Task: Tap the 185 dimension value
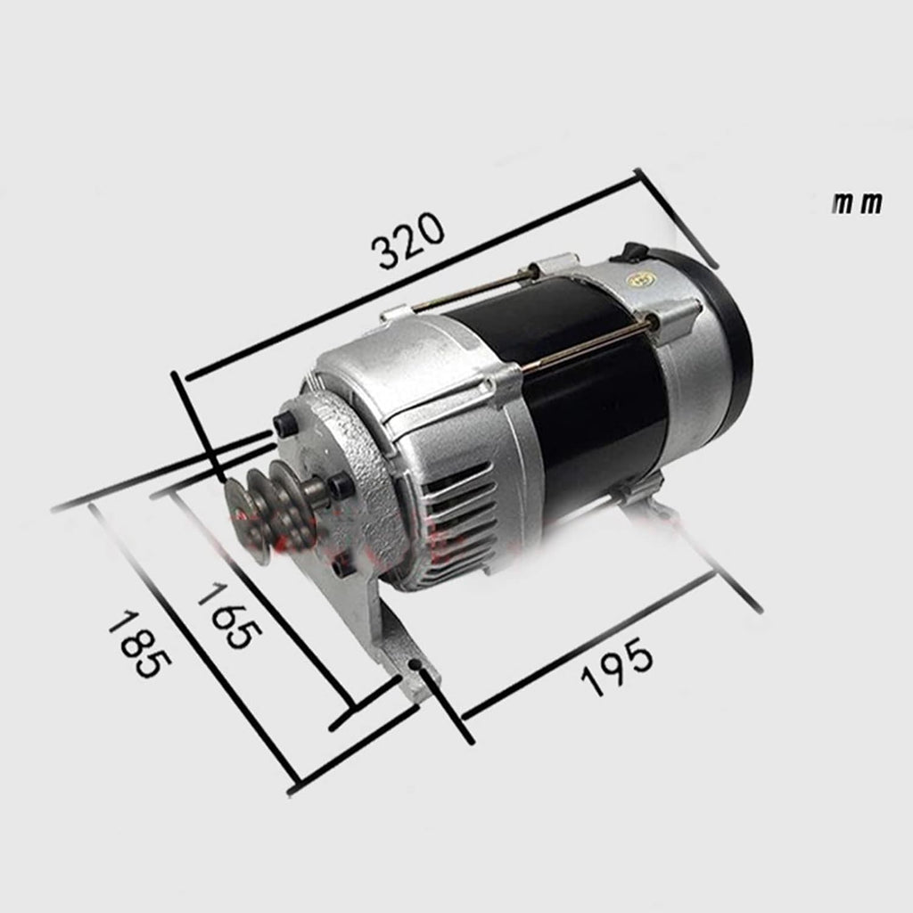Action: (x=140, y=643)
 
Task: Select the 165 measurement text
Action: (x=229, y=614)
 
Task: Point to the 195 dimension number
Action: (x=617, y=666)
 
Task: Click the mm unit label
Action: (x=857, y=202)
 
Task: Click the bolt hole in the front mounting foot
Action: (x=415, y=665)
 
